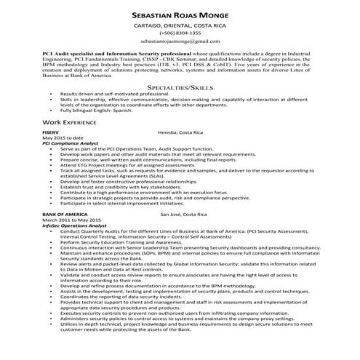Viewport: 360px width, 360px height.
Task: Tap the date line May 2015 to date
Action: click(63, 159)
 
